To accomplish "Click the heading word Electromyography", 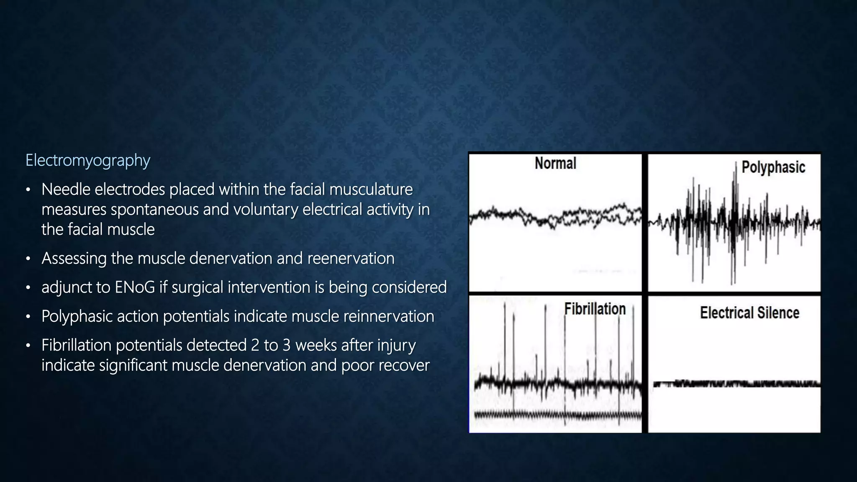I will point(87,160).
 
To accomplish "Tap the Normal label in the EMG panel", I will point(555,163).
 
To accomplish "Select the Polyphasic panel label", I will point(773,167).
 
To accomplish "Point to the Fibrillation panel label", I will point(595,309).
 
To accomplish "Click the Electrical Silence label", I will point(749,313).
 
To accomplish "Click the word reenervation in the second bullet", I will point(351,259).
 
